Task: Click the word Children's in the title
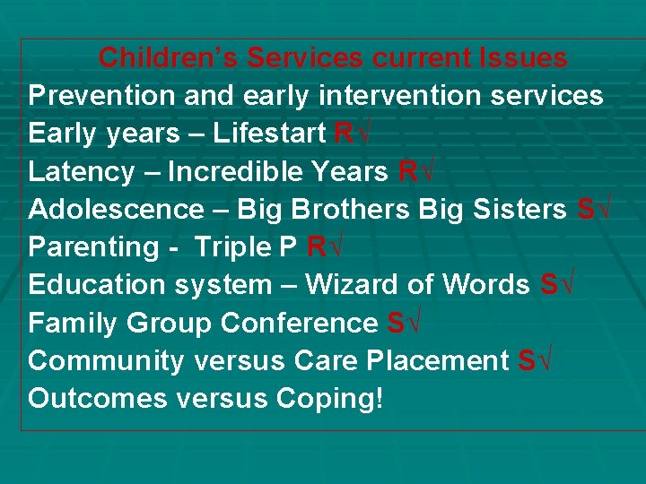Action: [168, 58]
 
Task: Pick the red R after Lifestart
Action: [343, 134]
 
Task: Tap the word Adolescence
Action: [116, 209]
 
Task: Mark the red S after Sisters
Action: [586, 209]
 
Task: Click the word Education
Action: [97, 284]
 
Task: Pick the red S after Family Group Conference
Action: [395, 322]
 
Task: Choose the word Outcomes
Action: [97, 397]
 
